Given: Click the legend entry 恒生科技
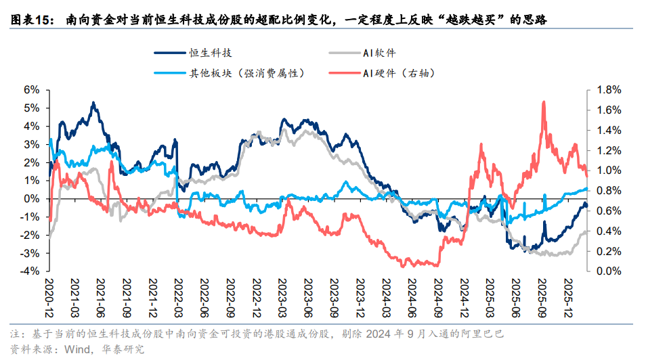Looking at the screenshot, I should click(x=204, y=53).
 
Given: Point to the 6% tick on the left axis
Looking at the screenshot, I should click(x=31, y=89).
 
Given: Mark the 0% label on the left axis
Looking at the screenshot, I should click(x=31, y=199).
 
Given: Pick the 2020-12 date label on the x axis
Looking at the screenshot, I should click(x=49, y=292).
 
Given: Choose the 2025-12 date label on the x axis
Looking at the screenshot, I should click(x=568, y=292).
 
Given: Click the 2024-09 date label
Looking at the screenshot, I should click(x=437, y=292).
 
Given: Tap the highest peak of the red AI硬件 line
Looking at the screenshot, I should click(x=544, y=102).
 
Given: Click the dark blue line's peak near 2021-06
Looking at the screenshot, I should click(x=93, y=103).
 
